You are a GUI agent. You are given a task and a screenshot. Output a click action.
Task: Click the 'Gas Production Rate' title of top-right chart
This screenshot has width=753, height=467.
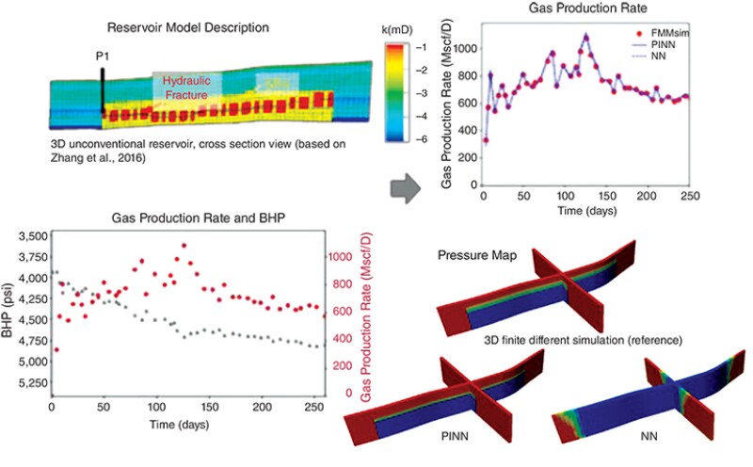pos(582,10)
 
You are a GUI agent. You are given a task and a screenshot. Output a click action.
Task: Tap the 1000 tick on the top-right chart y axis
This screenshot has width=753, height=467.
pos(466,44)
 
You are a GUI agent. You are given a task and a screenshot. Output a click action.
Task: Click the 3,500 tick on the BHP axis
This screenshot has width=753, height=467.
pos(30,235)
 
